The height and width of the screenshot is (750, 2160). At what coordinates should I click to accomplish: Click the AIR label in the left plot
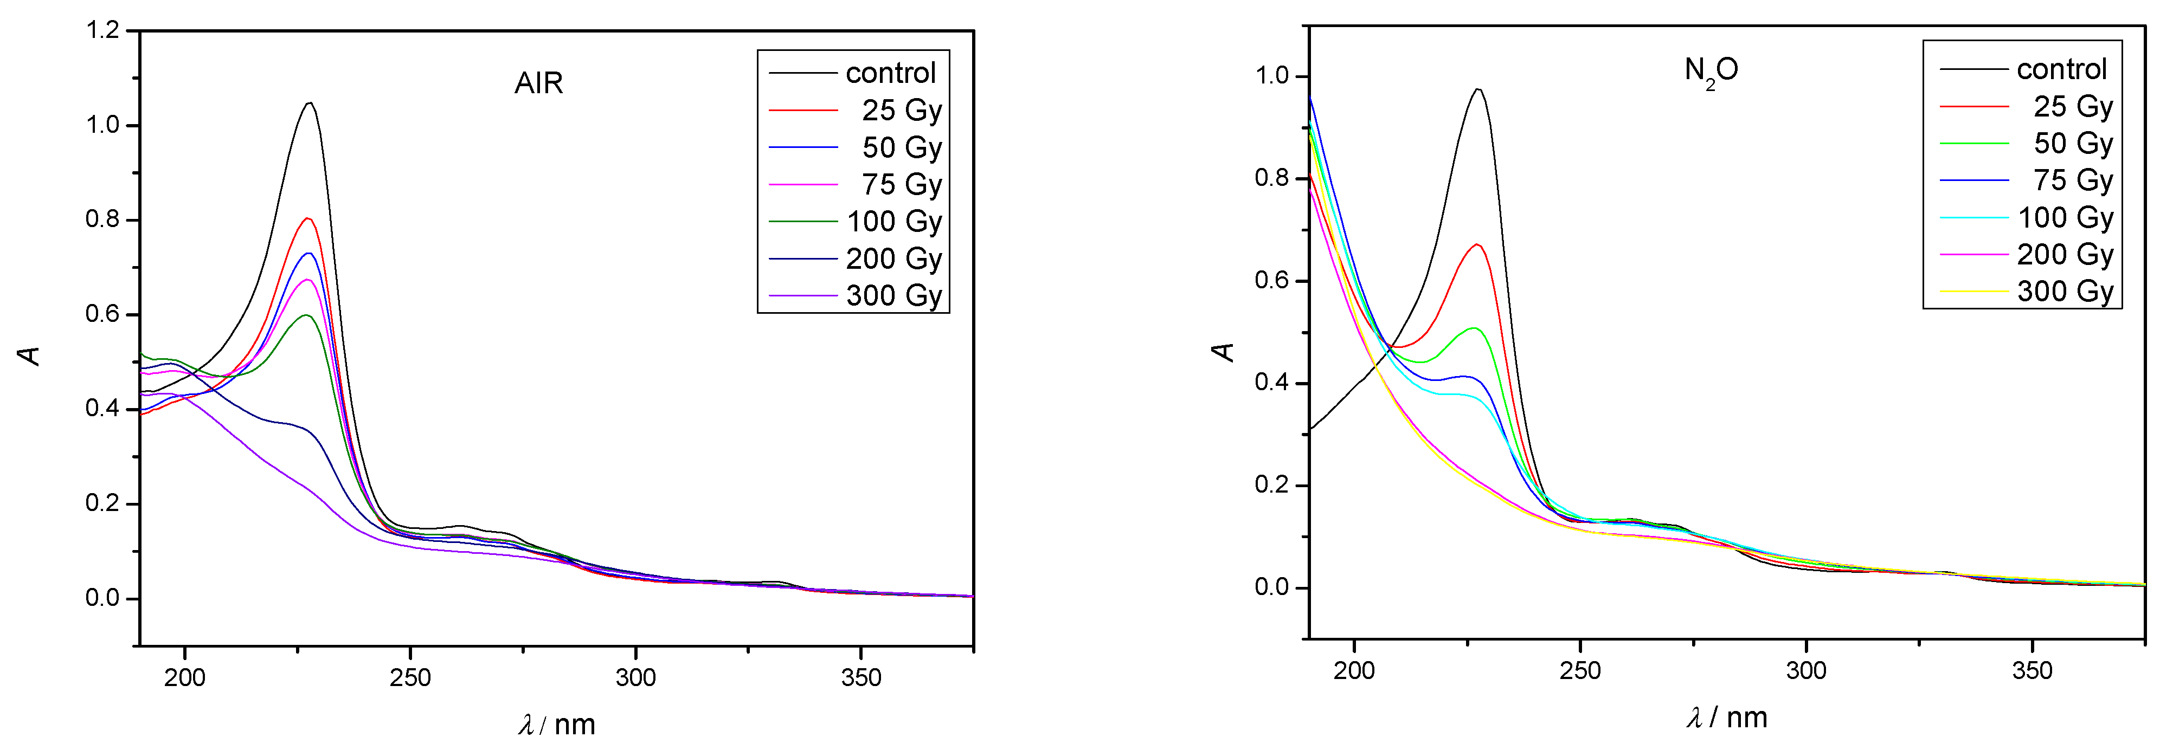(x=538, y=83)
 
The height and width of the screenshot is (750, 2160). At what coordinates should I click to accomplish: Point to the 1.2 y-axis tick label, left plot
(x=102, y=31)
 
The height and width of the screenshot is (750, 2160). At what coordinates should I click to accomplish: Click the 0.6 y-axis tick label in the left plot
(x=102, y=315)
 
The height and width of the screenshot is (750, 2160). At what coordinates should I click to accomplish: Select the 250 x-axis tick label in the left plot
(x=410, y=677)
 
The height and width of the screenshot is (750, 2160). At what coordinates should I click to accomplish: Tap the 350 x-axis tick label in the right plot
(x=2032, y=670)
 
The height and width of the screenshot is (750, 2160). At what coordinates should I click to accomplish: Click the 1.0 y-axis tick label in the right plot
(x=1271, y=76)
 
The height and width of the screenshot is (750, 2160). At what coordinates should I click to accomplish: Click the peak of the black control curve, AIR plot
(x=310, y=103)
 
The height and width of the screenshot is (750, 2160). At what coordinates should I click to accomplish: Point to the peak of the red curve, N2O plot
(x=1477, y=244)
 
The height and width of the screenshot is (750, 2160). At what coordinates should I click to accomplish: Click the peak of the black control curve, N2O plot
(x=1477, y=89)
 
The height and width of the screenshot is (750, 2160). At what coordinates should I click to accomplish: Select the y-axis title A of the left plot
(x=30, y=355)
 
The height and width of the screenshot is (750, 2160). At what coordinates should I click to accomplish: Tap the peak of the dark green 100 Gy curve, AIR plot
(x=307, y=315)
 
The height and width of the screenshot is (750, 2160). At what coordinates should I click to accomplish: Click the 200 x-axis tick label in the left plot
(x=184, y=677)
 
